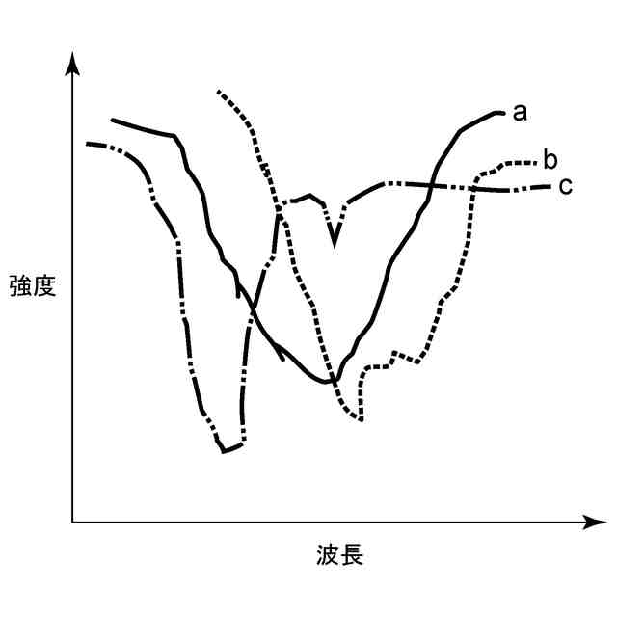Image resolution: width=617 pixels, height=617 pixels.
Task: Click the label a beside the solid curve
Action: click(519, 114)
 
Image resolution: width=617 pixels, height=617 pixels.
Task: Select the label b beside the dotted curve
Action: click(550, 158)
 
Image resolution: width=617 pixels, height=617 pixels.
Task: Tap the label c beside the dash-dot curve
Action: click(565, 185)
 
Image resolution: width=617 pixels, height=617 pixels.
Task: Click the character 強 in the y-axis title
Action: click(20, 285)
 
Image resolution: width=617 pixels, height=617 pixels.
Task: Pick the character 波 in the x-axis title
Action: click(328, 556)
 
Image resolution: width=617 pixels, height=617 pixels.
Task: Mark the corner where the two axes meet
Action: click(72, 523)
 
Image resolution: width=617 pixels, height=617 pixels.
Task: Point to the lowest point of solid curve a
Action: click(331, 383)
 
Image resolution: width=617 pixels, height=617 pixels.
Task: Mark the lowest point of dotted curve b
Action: click(360, 419)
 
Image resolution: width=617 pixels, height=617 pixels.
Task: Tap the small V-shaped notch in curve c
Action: click(335, 243)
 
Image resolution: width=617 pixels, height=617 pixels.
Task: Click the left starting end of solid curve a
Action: click(112, 121)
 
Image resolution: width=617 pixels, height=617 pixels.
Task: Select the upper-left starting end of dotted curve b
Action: click(219, 92)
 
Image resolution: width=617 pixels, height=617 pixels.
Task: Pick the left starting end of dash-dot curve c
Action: click(87, 144)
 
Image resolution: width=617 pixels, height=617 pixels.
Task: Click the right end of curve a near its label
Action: click(503, 113)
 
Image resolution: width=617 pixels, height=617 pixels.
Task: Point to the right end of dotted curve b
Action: click(535, 160)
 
